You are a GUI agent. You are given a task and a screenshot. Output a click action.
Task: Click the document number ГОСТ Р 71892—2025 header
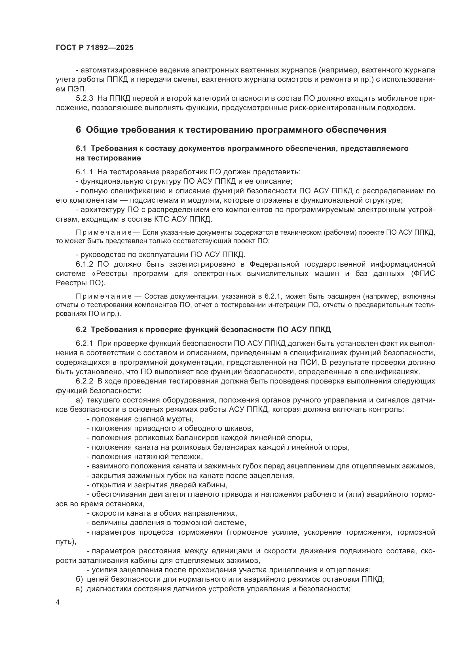94,48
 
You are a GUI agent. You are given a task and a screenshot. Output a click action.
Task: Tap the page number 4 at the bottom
58,602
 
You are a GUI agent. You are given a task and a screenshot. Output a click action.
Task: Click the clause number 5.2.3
84,98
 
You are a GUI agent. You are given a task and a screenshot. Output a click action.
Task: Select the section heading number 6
78,130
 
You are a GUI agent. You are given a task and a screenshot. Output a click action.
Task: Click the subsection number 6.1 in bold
81,149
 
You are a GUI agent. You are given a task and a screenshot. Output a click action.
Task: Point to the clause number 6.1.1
84,172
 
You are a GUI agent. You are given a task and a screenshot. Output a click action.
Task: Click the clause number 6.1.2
84,264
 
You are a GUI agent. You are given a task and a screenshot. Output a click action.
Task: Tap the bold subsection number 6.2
81,329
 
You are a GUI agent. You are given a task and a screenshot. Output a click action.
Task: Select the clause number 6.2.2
84,381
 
